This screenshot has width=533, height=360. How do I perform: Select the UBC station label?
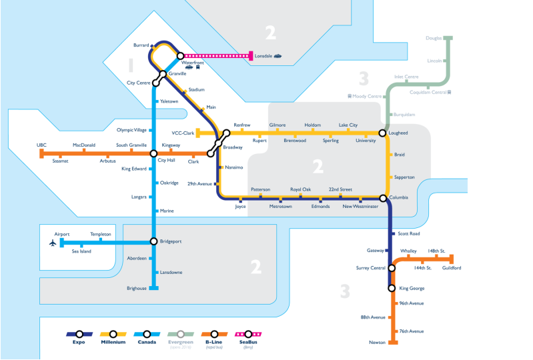pyautogui.click(x=41, y=145)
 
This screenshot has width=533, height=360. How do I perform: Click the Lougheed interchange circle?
pyautogui.click(x=383, y=133)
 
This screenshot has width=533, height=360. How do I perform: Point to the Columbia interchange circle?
pyautogui.click(x=384, y=198)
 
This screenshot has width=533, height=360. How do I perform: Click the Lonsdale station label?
pyautogui.click(x=264, y=56)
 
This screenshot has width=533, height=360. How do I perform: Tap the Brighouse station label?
pyautogui.click(x=136, y=289)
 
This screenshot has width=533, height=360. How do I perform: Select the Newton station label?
pyautogui.click(x=377, y=343)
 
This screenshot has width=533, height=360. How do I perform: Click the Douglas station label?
pyautogui.click(x=434, y=38)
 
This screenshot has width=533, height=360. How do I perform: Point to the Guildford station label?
pyautogui.click(x=452, y=268)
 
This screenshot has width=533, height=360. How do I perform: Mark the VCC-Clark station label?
pyautogui.click(x=182, y=133)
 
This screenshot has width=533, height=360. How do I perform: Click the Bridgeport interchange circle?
pyautogui.click(x=154, y=241)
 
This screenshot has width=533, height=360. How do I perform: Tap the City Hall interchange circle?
pyautogui.click(x=154, y=153)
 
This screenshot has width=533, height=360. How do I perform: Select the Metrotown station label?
pyautogui.click(x=281, y=207)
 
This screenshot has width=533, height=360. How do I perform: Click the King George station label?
pyautogui.click(x=412, y=289)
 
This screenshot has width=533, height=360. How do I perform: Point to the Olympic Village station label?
pyautogui.click(x=131, y=130)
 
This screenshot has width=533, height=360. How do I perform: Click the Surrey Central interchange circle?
pyautogui.click(x=392, y=268)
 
